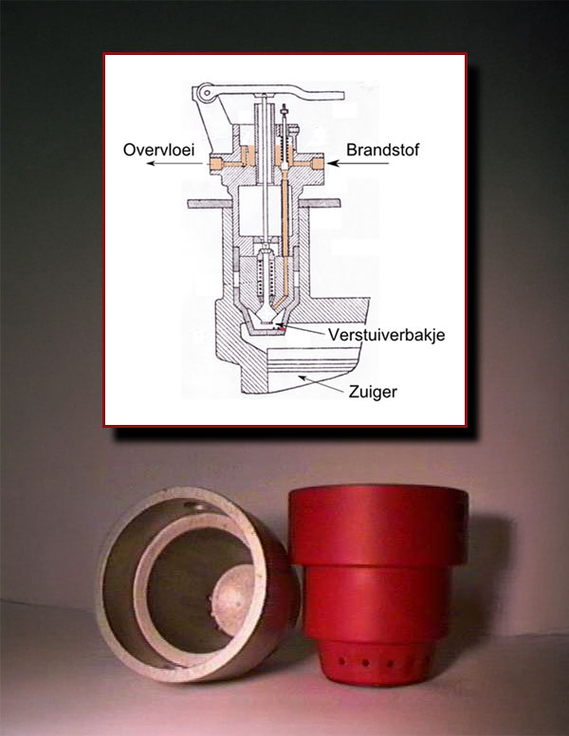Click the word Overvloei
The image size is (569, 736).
[x=162, y=150]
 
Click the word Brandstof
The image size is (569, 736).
[x=376, y=150]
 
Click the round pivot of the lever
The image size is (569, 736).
[x=201, y=93]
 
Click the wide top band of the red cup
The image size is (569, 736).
[x=377, y=523]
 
